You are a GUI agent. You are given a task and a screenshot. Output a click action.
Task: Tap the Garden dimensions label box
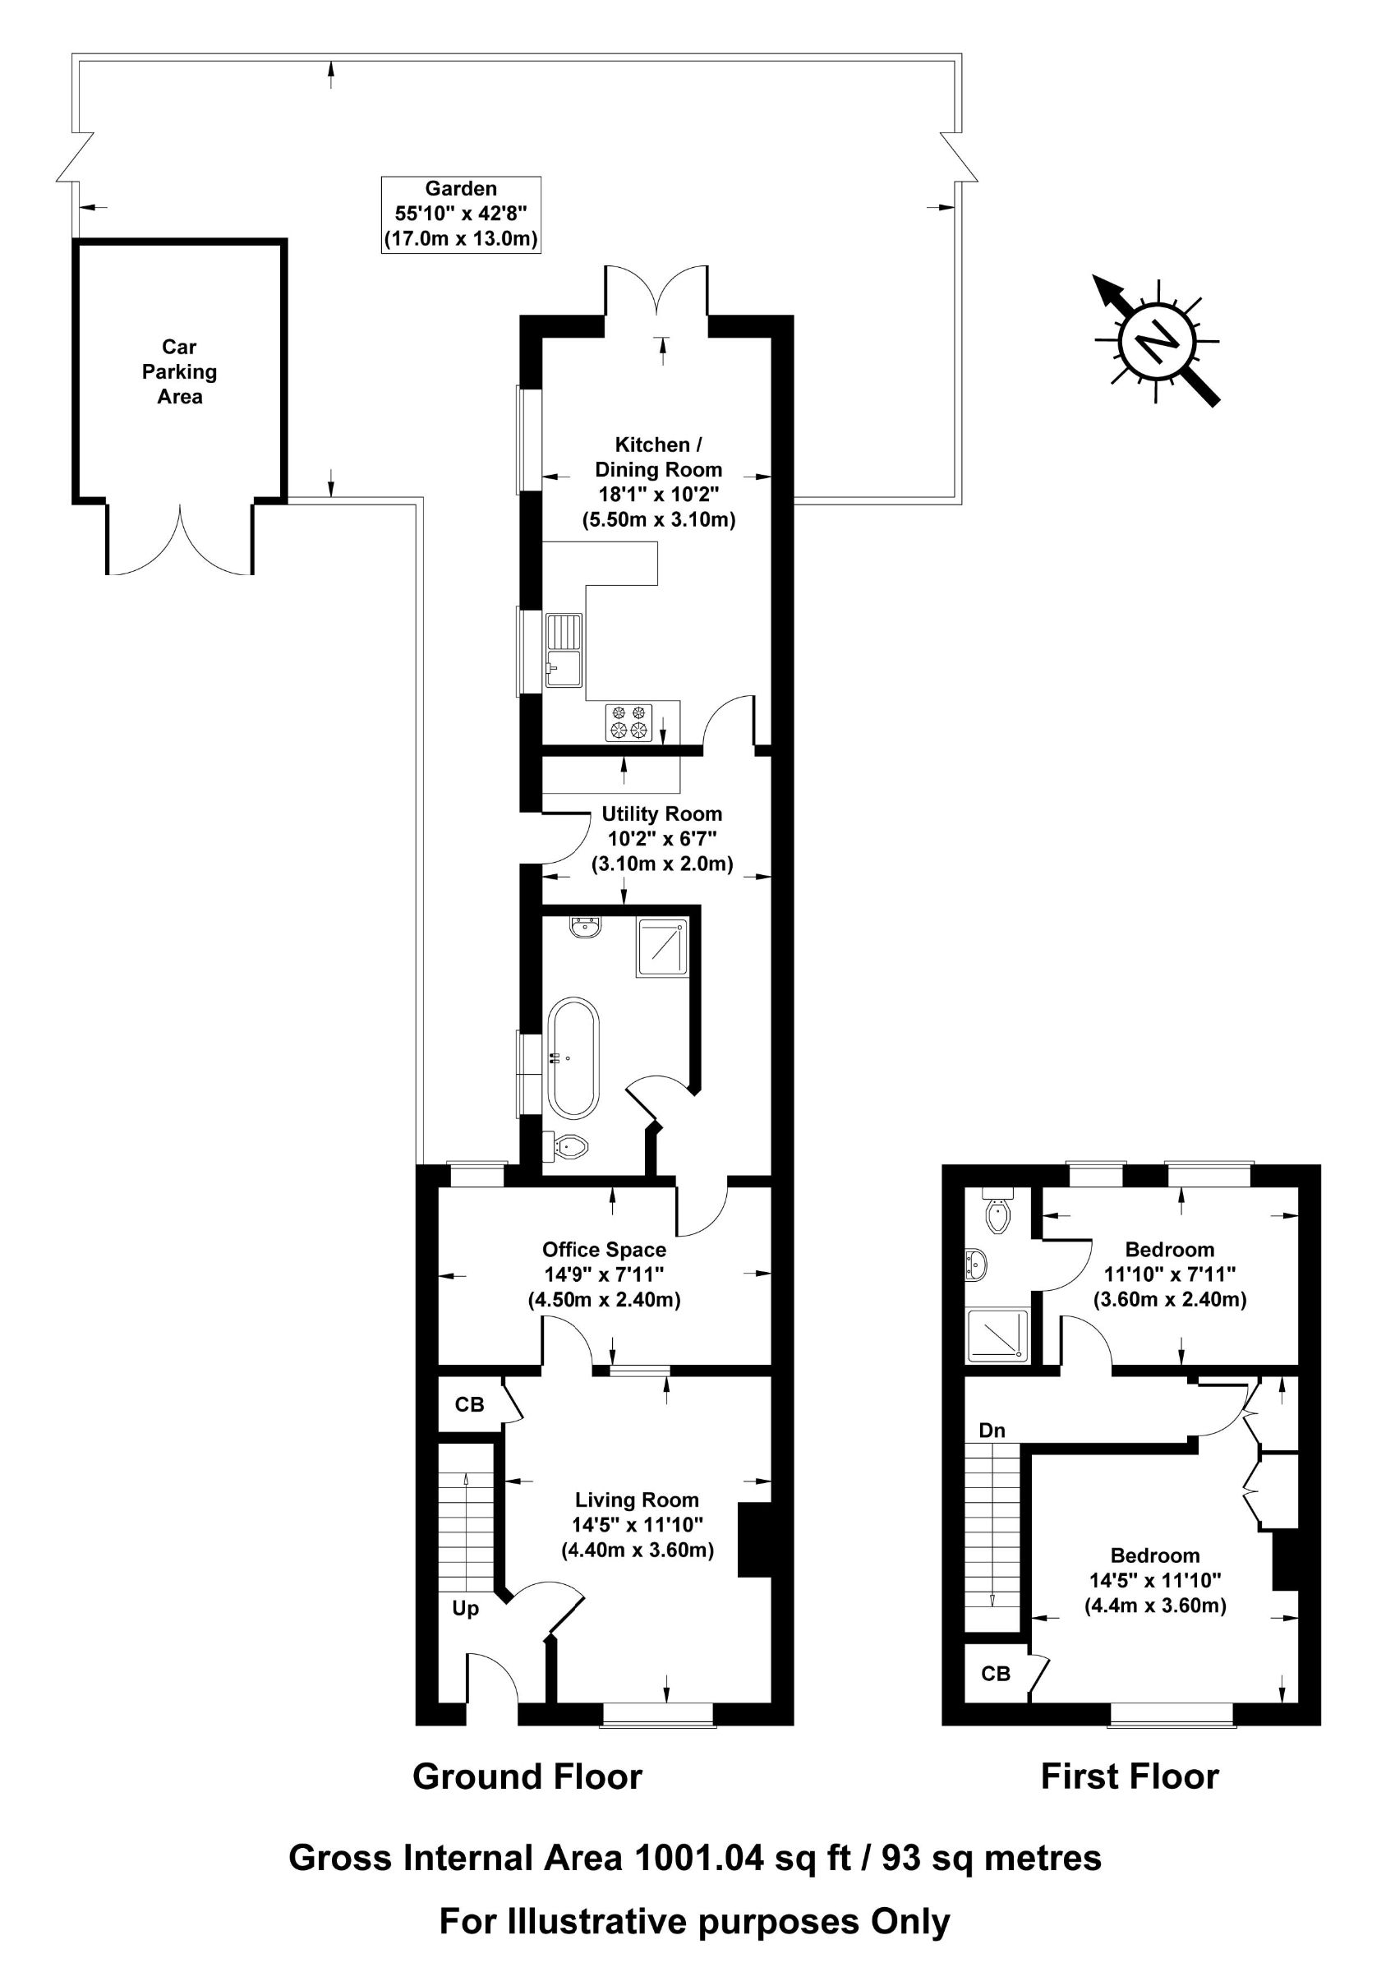[461, 214]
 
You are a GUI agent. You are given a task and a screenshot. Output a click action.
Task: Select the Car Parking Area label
[180, 371]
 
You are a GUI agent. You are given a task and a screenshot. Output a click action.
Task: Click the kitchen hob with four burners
[628, 721]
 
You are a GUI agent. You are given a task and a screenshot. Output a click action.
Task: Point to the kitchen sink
[564, 651]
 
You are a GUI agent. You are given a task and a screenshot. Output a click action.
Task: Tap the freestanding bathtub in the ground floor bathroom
[573, 1057]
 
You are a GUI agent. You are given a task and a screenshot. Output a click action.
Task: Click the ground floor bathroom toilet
[567, 1145]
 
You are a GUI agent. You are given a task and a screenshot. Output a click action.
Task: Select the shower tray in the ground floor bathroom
[662, 947]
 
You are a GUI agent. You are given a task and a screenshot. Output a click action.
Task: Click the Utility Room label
[661, 813]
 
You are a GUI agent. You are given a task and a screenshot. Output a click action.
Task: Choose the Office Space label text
[604, 1250]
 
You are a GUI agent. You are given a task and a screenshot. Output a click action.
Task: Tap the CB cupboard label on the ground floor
[470, 1404]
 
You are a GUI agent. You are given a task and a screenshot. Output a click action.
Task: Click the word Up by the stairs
[466, 1608]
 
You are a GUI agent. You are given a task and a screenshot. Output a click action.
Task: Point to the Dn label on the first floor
[992, 1430]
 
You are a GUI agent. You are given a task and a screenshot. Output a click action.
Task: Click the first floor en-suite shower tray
[997, 1335]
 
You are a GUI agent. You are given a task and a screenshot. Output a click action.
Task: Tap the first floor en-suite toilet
[998, 1212]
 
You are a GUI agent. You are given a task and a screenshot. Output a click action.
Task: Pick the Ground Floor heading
[527, 1776]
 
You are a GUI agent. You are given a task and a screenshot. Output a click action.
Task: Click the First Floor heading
[1130, 1776]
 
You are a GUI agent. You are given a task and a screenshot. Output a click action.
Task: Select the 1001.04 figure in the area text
[699, 1858]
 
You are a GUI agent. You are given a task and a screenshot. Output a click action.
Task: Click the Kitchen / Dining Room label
[659, 457]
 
